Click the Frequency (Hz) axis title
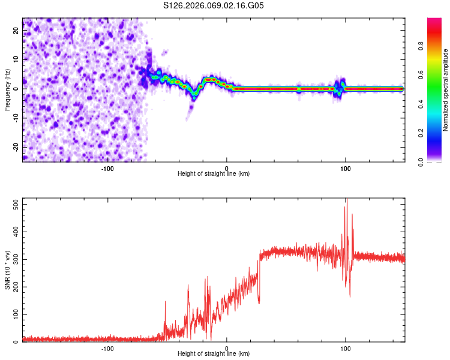(x=7, y=90)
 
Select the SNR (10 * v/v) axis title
(x=7, y=269)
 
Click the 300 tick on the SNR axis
(x=14, y=259)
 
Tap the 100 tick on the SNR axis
(x=14, y=314)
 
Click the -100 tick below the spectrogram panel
(x=107, y=169)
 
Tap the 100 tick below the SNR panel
(x=345, y=349)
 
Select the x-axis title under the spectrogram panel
(x=214, y=174)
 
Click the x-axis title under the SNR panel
(x=214, y=354)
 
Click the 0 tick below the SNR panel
(x=226, y=349)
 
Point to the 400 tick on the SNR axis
(x=14, y=232)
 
